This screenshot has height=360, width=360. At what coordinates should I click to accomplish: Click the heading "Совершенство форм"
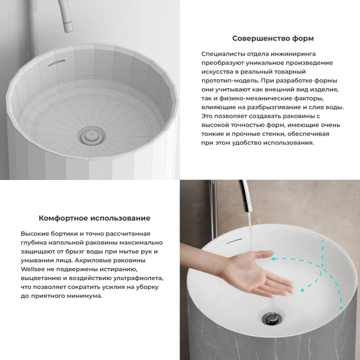click(x=273, y=38)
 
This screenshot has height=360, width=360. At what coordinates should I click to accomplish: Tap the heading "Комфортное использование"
click(x=94, y=218)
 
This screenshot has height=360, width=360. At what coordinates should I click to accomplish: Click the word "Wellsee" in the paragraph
click(x=32, y=269)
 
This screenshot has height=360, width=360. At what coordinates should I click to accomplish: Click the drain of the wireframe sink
click(x=91, y=135)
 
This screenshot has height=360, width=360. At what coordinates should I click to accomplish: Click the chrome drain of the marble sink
click(x=272, y=318)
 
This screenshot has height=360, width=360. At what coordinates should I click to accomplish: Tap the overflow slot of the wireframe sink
click(x=56, y=63)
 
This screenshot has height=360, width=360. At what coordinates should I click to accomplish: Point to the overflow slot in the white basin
click(x=234, y=241)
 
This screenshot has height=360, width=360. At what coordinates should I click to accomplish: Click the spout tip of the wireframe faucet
click(x=68, y=27)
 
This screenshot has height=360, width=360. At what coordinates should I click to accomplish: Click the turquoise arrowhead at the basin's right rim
click(x=341, y=308)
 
